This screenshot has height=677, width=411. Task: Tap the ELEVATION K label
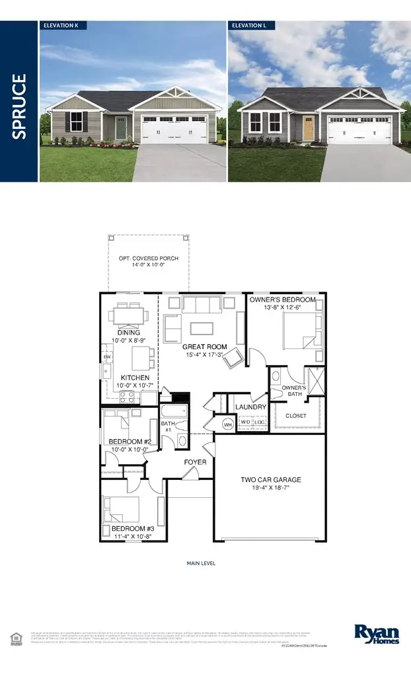63,26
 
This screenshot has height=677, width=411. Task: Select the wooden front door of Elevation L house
307,128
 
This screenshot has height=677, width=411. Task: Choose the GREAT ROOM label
204,346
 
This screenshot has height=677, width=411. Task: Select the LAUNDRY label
250,407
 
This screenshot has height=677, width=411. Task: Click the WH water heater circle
228,424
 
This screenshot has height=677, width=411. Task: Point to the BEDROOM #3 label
132,530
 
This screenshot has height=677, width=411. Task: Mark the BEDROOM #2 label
130,441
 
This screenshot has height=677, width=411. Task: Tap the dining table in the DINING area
128,313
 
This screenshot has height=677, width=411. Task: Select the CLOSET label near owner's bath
295,416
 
